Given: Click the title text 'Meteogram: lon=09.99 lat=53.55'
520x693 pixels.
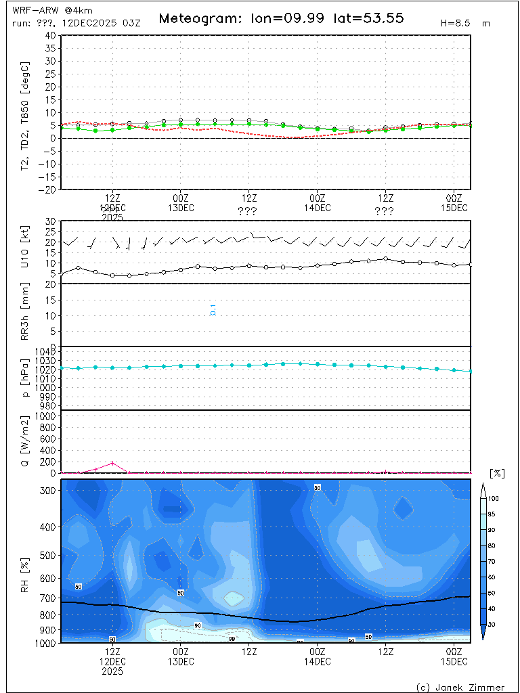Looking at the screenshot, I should click(281, 18).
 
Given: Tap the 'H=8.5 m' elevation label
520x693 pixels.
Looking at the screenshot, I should click(465, 23).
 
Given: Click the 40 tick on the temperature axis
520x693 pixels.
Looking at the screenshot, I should click(51, 35).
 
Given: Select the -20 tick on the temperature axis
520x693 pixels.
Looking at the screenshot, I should click(48, 189).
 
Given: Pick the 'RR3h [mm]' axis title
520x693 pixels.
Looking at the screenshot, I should click(26, 315).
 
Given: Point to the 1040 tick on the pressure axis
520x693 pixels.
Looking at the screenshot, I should click(46, 351).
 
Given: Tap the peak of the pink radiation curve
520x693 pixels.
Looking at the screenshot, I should click(112, 463).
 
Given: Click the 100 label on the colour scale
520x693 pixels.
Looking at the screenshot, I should click(494, 498).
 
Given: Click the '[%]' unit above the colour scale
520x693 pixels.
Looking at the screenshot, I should click(497, 473).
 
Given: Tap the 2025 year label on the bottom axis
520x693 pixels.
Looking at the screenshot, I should click(112, 672).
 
